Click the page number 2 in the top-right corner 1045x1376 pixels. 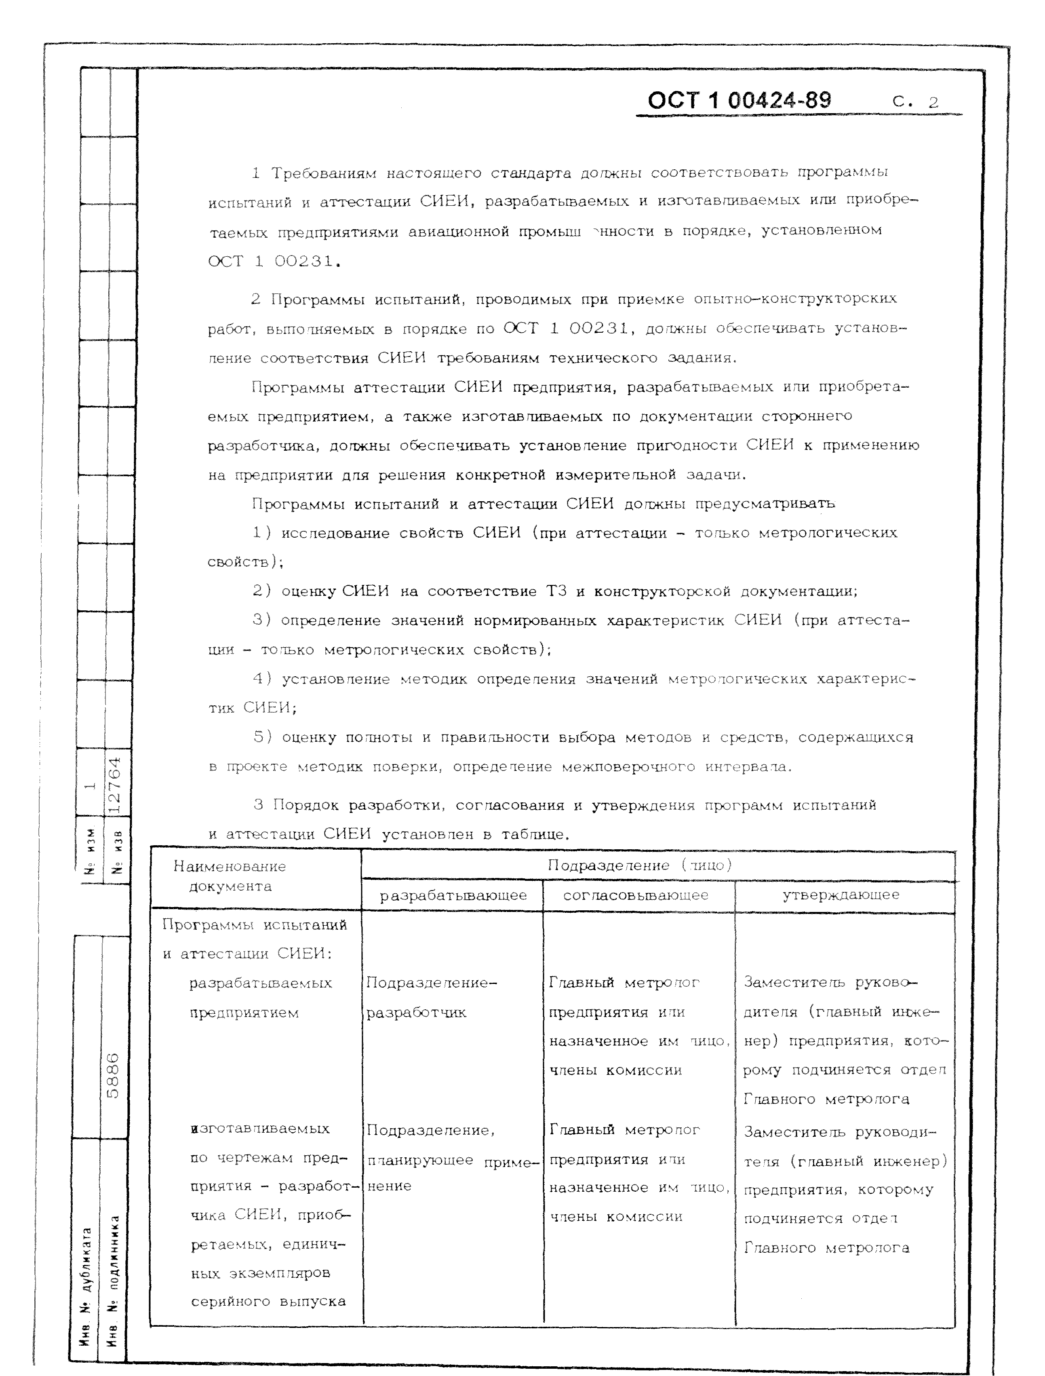tap(933, 103)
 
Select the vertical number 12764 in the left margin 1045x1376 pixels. tap(116, 785)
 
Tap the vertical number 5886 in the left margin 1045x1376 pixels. tap(113, 1076)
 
